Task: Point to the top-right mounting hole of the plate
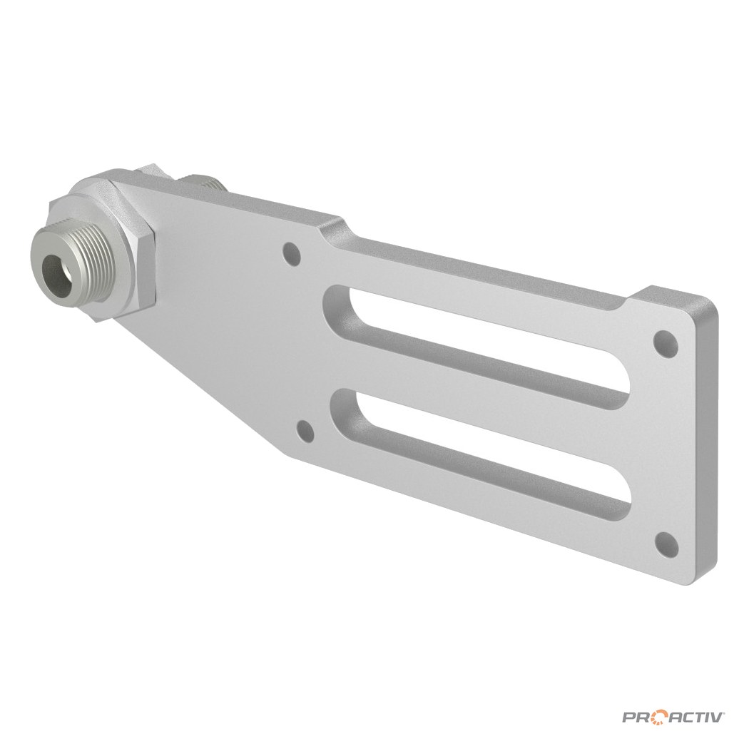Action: pyautogui.click(x=666, y=342)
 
